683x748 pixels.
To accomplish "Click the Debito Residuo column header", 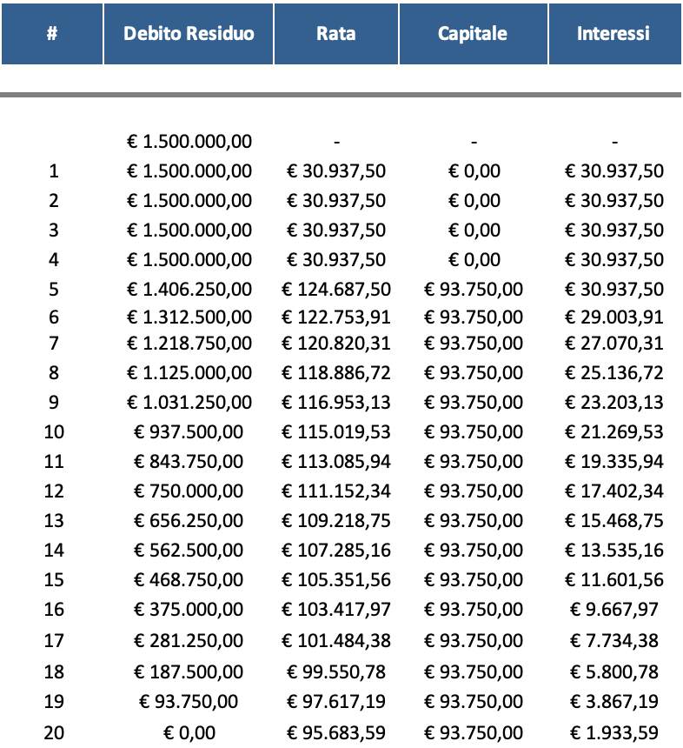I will coord(189,34).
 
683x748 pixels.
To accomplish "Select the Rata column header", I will coord(336,34).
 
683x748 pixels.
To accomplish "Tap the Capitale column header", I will coord(473,34).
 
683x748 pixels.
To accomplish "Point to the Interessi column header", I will coord(613,34).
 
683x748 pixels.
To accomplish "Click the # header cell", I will coord(52,34).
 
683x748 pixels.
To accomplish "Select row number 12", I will coord(54,491).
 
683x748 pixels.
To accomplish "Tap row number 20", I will coord(54,732).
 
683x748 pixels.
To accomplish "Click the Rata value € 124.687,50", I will coord(336,290).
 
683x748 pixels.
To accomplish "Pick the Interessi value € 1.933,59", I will coord(613,732).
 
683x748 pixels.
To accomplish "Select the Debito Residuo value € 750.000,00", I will coord(189,491).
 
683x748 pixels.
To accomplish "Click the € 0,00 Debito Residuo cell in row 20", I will coord(189,732).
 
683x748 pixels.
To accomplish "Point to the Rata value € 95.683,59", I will coord(336,732).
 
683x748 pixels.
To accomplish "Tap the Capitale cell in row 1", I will coord(474,171).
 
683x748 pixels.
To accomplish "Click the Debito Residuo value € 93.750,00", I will coord(189,702).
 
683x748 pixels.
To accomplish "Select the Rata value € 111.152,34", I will coord(336,491).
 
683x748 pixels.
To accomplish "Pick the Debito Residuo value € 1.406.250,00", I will coord(189,290).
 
